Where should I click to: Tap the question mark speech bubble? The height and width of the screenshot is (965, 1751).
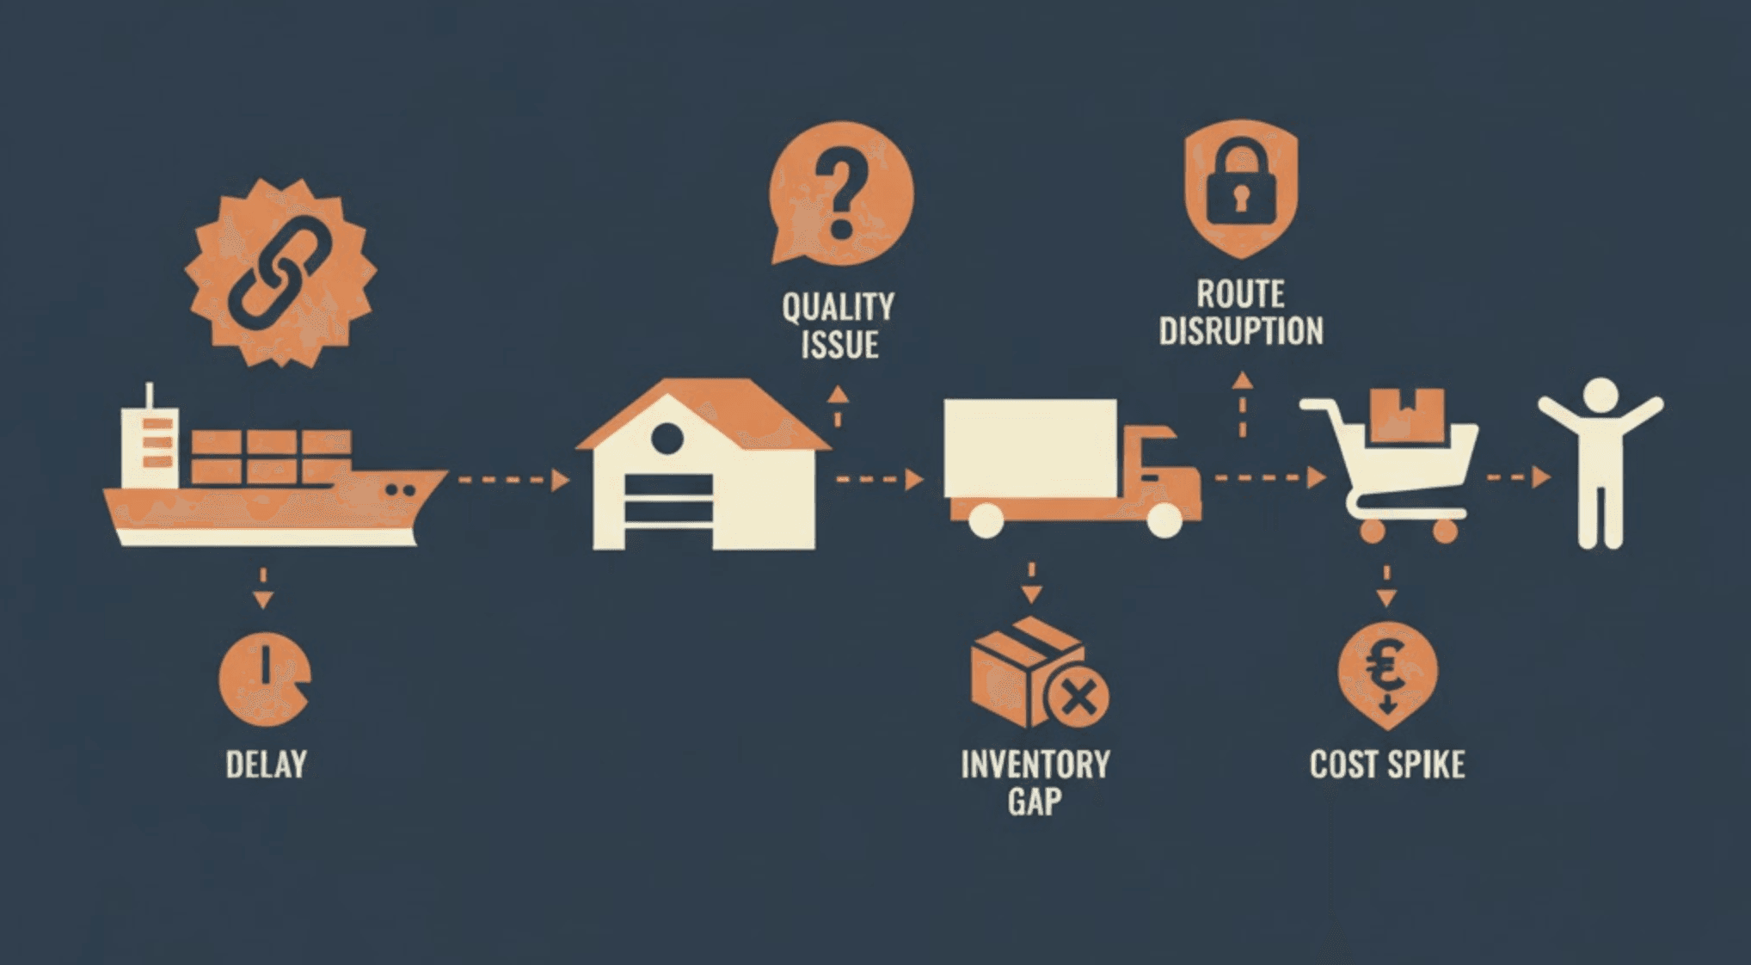pos(840,193)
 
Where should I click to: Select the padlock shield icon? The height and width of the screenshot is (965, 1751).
pos(1240,188)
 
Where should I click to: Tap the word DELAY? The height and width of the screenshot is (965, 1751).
pos(266,765)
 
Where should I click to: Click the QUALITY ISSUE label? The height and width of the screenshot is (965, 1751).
pos(839,326)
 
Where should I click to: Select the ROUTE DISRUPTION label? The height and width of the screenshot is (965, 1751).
pos(1240,313)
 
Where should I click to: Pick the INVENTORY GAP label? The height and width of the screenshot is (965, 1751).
pos(1035,783)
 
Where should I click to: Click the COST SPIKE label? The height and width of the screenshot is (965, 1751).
pos(1386,765)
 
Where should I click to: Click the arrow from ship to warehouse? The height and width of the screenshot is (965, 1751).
pos(514,479)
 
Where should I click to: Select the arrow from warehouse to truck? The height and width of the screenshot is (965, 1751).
pos(880,479)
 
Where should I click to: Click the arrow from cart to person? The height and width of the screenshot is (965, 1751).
pos(1519,476)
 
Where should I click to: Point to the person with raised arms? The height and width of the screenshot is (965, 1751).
pos(1600,463)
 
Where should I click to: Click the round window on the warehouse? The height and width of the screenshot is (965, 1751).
pos(667,439)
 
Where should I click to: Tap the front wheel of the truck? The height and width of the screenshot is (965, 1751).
pos(1164,520)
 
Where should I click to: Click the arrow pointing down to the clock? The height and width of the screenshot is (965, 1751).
pos(263,588)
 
